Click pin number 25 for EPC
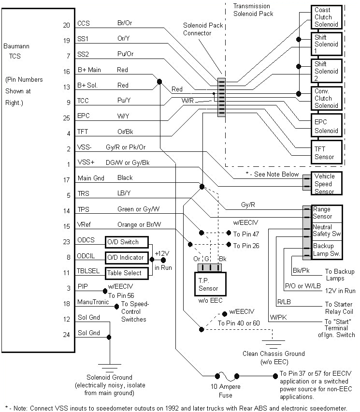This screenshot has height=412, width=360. (x=66, y=118)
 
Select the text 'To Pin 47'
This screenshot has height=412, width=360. (x=246, y=234)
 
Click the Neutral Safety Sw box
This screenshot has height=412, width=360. (x=329, y=230)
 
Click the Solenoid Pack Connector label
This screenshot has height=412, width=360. (x=202, y=29)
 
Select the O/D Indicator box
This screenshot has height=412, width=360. (x=126, y=257)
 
